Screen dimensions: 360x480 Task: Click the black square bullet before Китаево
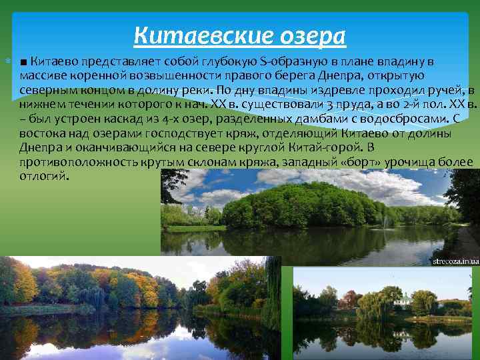pos(24,63)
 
